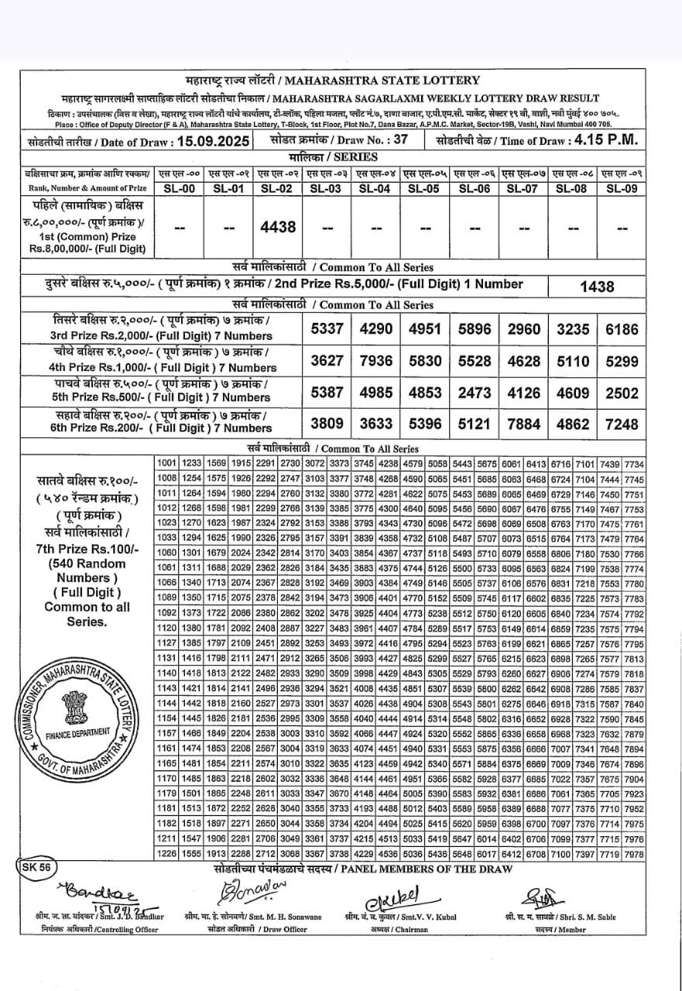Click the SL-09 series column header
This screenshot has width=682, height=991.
click(622, 188)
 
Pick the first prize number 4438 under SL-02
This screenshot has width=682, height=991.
click(278, 227)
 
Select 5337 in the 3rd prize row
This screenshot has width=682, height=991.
click(327, 329)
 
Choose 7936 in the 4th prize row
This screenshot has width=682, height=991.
click(375, 360)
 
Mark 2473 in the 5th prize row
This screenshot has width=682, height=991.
click(475, 393)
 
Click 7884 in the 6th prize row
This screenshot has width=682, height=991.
click(524, 423)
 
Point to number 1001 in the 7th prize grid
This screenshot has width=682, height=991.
click(167, 463)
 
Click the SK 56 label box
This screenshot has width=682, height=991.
click(36, 867)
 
